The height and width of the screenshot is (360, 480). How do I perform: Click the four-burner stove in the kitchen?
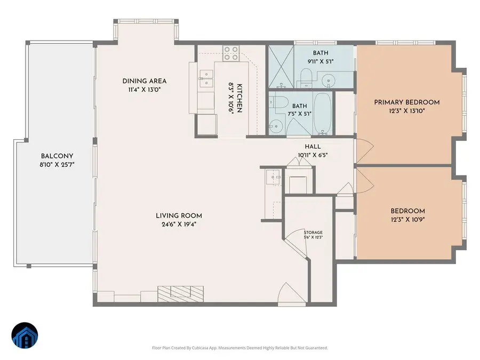click(231, 52)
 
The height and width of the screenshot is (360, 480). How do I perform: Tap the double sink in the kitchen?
click(205, 79)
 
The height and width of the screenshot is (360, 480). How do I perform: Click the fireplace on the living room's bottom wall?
click(180, 293)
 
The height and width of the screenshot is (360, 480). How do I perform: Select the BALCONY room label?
click(57, 156)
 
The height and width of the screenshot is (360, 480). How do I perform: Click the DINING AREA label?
click(145, 81)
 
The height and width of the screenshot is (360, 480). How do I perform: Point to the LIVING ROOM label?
click(179, 215)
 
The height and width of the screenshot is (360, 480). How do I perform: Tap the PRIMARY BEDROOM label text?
click(406, 102)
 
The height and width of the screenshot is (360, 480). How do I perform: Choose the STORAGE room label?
click(313, 233)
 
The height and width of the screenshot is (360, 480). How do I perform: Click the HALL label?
click(312, 147)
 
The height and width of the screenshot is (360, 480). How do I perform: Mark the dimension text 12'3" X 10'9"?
click(407, 219)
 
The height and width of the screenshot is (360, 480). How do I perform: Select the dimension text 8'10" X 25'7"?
click(57, 165)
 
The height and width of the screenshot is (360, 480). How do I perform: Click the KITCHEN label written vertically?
click(239, 98)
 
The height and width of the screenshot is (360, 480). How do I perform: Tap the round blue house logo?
click(25, 336)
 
